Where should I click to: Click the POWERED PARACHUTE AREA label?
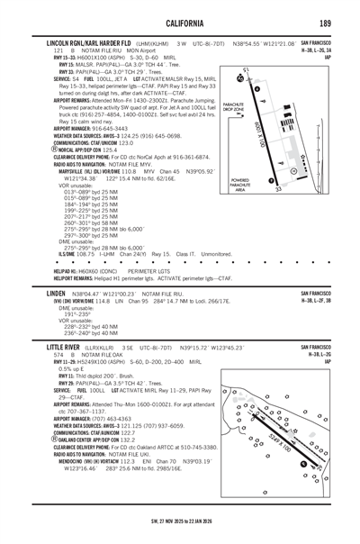point(240,184)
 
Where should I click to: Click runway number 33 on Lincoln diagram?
point(278,190)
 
